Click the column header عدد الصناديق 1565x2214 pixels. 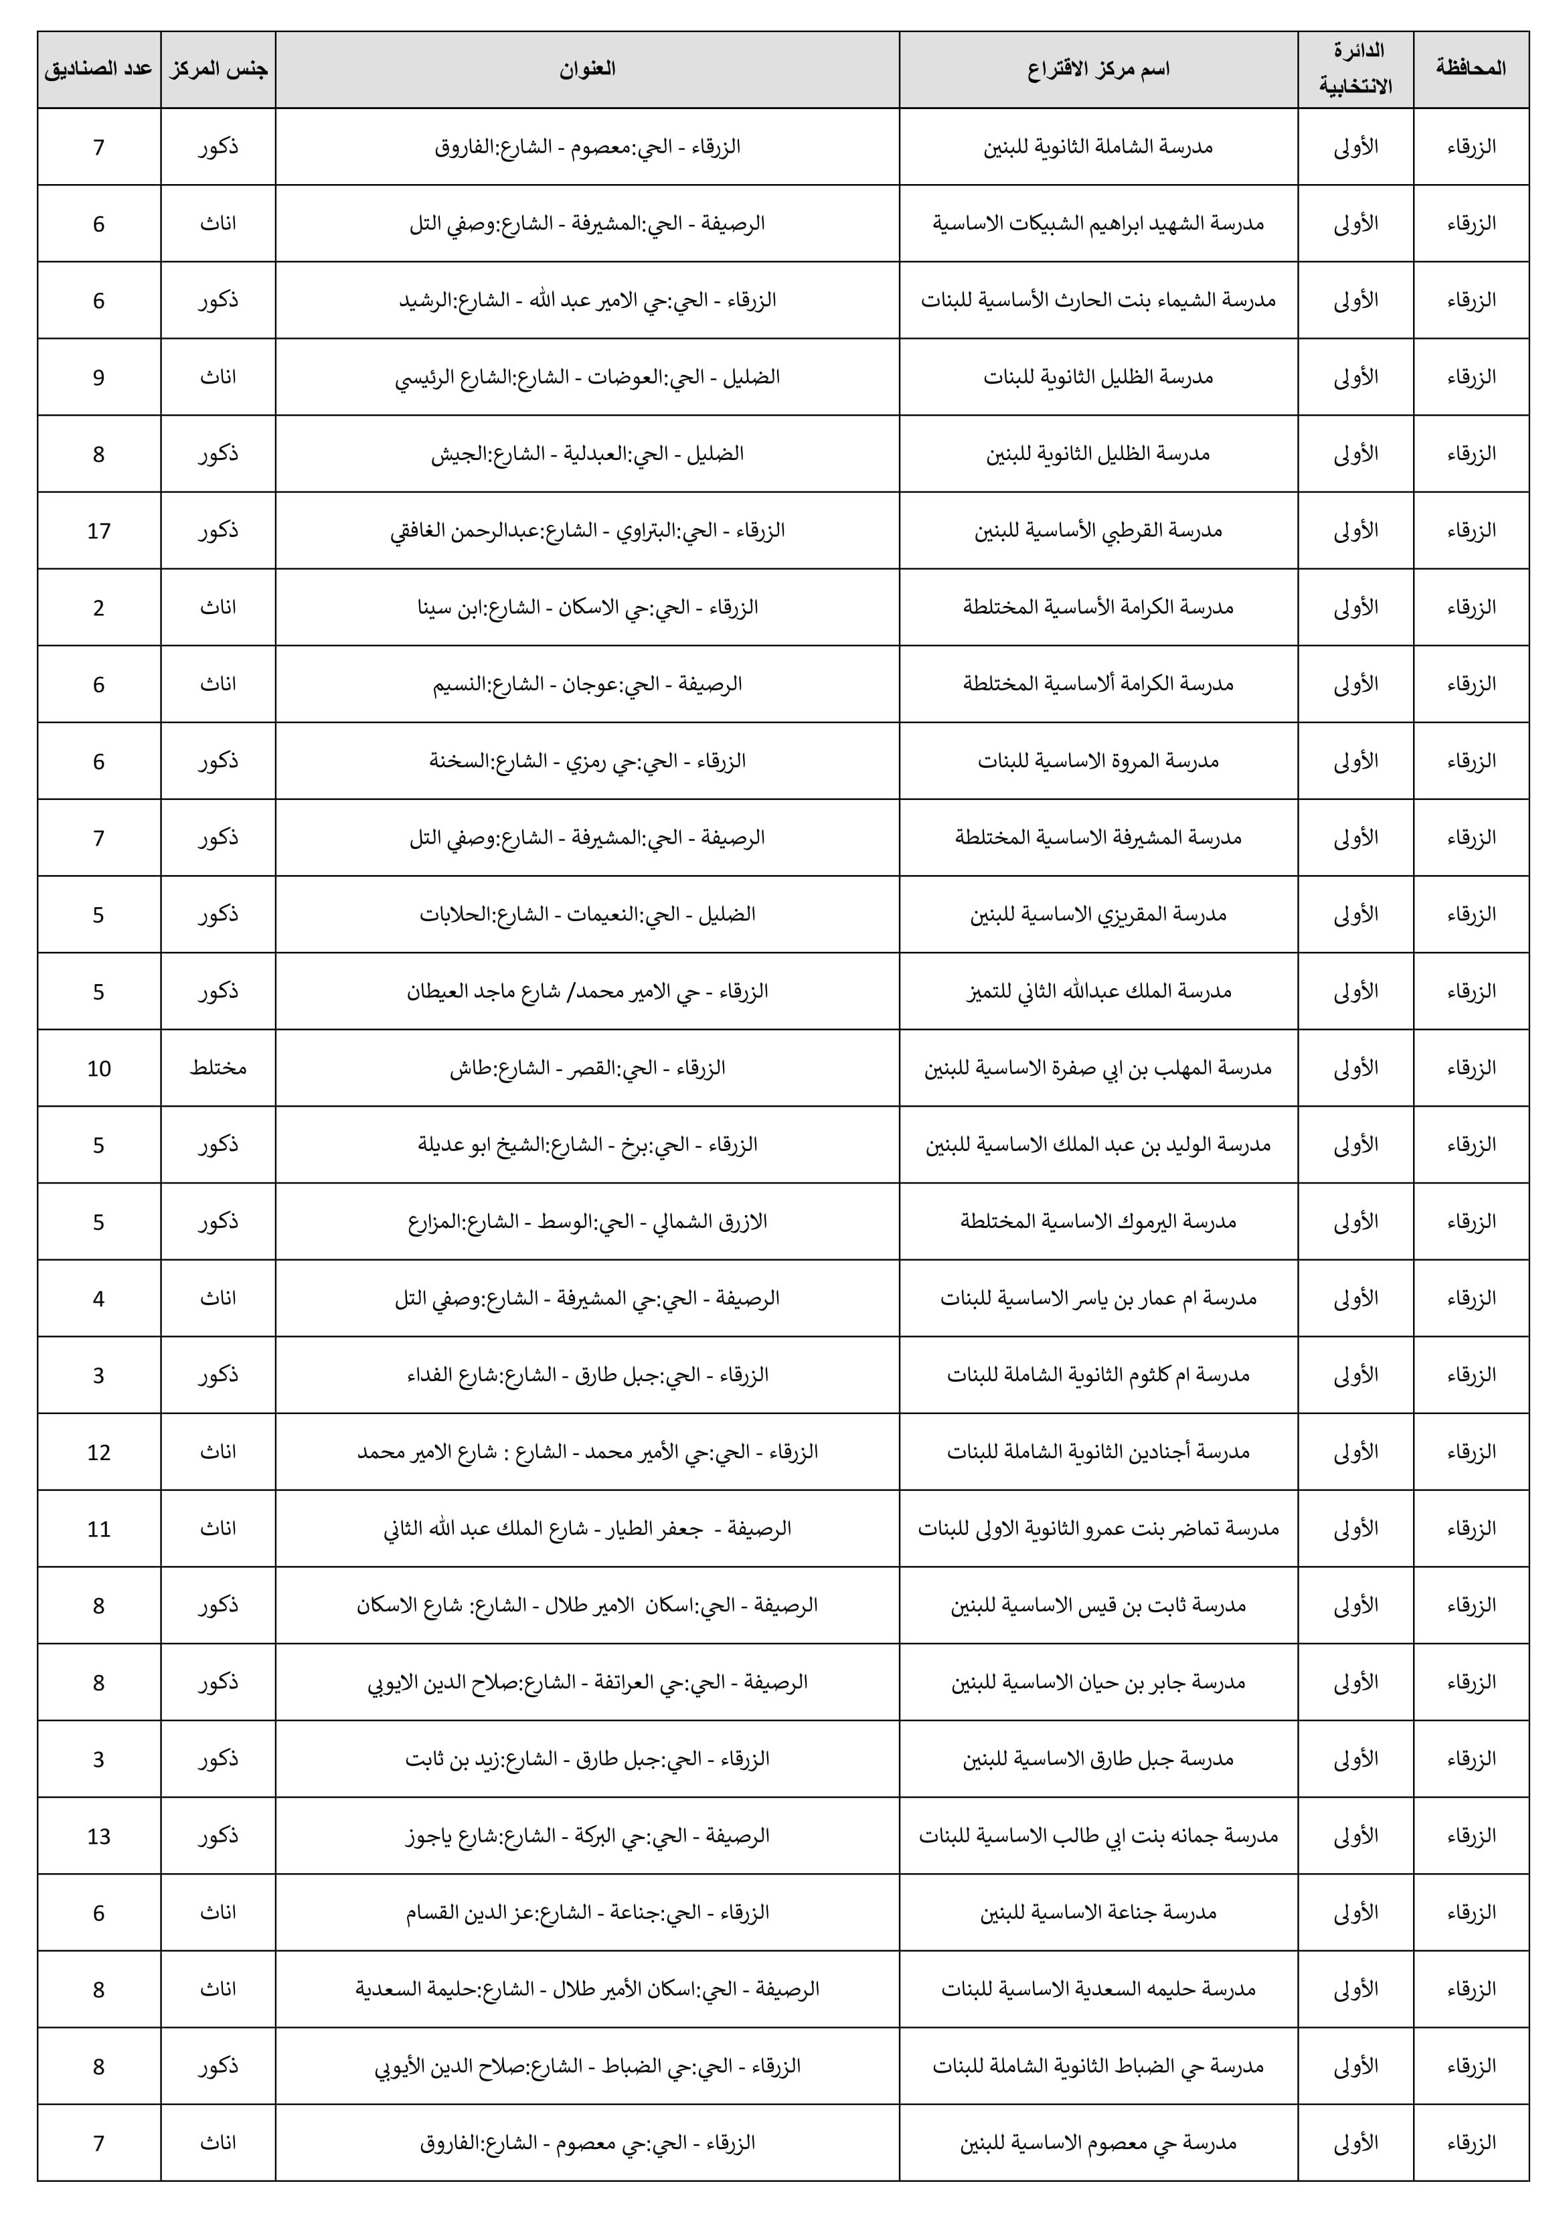[x=98, y=70]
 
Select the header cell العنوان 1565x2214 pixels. [x=587, y=70]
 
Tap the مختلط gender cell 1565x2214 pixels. [x=218, y=1069]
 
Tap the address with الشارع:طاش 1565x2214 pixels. [x=587, y=1069]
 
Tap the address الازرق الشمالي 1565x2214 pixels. [x=587, y=1222]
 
